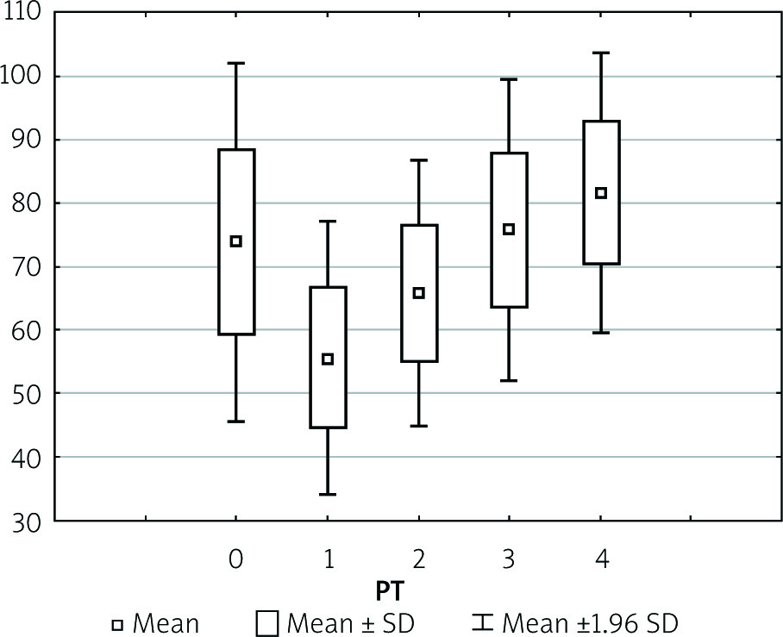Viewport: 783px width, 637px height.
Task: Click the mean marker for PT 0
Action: tap(235, 241)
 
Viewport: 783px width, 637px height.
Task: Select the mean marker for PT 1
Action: tap(327, 359)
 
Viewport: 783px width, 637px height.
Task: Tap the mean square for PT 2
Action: tap(418, 293)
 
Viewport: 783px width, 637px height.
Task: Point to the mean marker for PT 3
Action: tap(509, 229)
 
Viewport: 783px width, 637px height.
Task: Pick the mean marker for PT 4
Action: tap(601, 193)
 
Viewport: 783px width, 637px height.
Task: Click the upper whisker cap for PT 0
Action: tap(235, 63)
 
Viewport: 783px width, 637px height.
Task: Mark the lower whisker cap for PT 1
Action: tap(327, 494)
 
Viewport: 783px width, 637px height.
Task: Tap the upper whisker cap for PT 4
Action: tap(601, 53)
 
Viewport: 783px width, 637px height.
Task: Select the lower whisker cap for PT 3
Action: tap(509, 380)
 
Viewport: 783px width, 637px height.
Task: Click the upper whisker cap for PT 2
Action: tap(418, 160)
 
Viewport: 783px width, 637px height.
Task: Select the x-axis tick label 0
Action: tap(235, 560)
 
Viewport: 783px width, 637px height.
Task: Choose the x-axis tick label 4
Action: tap(601, 560)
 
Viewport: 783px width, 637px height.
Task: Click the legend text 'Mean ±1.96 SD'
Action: tap(596, 622)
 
